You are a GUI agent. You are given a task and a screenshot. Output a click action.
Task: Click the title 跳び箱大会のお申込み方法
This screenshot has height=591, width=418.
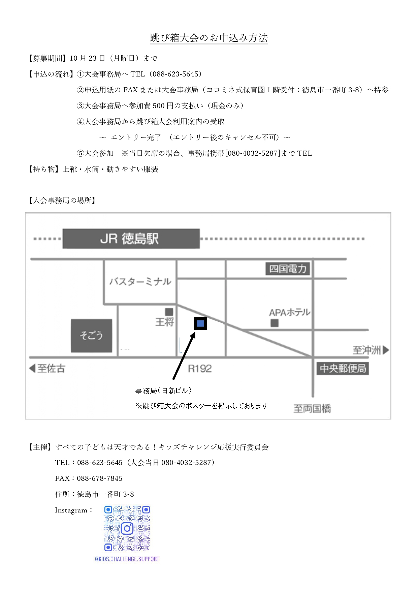(x=209, y=38)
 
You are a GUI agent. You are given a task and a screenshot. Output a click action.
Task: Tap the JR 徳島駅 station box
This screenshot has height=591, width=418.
(x=131, y=239)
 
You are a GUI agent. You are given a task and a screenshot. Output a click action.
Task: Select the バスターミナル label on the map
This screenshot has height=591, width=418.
(x=140, y=281)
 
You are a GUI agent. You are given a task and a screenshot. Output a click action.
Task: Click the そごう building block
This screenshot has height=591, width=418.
(x=91, y=336)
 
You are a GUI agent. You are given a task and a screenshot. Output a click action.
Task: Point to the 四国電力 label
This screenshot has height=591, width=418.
(x=288, y=269)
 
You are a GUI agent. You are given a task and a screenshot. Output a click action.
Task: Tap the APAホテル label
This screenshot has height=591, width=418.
(x=290, y=312)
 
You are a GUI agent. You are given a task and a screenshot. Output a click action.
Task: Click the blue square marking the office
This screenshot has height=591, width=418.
(x=200, y=323)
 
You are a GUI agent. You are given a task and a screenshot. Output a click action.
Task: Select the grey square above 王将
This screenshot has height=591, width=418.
(x=169, y=312)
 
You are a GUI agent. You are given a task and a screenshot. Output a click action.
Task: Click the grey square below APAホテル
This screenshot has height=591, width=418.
(x=275, y=323)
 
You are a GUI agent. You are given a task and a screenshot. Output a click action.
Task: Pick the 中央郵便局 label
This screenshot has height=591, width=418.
(x=343, y=368)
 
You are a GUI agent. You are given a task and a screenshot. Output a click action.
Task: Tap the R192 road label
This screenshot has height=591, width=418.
(x=200, y=369)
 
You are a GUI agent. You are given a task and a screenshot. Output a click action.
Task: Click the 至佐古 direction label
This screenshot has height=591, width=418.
(x=47, y=368)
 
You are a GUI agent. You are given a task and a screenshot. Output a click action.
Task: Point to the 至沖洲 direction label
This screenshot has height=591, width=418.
(x=371, y=350)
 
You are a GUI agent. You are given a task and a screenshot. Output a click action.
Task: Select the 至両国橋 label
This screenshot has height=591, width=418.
(x=312, y=409)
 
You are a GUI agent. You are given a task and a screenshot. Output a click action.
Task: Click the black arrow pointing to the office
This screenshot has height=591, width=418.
(x=184, y=356)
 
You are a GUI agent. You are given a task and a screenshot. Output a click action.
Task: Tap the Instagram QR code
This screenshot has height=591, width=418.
(x=127, y=528)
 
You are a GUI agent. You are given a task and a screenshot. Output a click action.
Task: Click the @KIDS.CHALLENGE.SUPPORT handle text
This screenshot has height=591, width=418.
(x=127, y=559)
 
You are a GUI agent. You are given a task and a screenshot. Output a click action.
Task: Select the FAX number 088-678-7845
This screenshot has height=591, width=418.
(x=100, y=478)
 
